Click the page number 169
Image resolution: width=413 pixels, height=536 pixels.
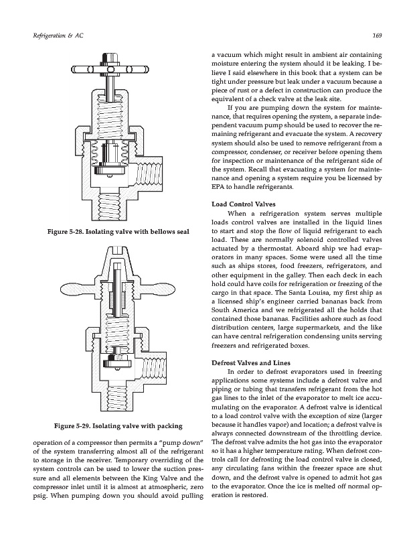[x=376, y=36]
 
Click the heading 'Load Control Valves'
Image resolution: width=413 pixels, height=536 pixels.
[x=241, y=203]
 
